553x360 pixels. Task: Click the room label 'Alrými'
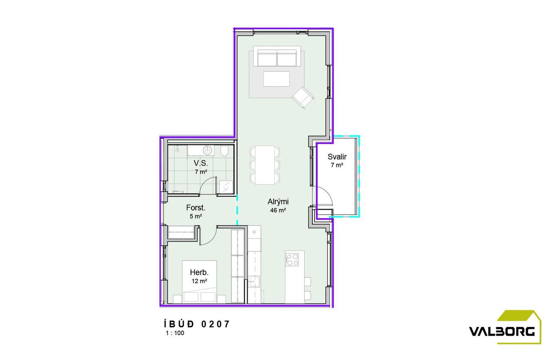click(278, 202)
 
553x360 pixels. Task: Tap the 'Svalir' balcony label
click(337, 157)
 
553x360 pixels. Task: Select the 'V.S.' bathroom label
click(201, 163)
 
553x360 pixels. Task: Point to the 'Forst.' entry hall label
click(196, 208)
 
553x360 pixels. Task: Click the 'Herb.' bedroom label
click(199, 272)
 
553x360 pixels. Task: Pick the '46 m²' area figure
click(278, 211)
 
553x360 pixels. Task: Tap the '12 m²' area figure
click(199, 281)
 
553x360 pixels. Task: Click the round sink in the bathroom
click(207, 149)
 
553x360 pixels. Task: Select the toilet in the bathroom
click(224, 151)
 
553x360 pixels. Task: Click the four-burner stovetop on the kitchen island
click(292, 260)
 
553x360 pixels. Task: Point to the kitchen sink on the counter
click(254, 282)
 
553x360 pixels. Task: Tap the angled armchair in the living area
click(303, 98)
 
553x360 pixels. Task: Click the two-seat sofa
click(277, 58)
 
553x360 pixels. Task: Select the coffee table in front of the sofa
click(276, 79)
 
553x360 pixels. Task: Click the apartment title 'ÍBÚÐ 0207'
click(197, 324)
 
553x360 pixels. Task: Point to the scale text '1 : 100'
click(175, 333)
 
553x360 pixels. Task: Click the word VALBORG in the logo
click(501, 331)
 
